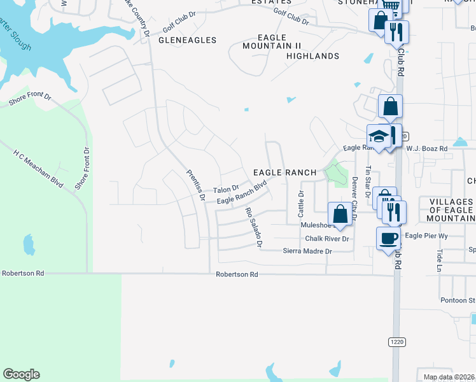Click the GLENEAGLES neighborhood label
coord(187,40)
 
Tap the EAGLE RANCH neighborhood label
coord(284,173)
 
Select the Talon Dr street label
coord(226,190)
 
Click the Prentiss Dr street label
coord(195,185)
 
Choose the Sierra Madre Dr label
coord(308,251)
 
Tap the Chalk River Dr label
coord(327,239)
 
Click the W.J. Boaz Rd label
coord(426,148)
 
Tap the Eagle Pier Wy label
coord(427,236)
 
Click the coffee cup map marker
coord(389,239)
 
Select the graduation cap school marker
coord(379,136)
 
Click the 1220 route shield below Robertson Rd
coord(396,342)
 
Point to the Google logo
coord(21,374)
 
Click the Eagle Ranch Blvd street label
coord(241,194)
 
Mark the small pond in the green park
coord(28,244)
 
